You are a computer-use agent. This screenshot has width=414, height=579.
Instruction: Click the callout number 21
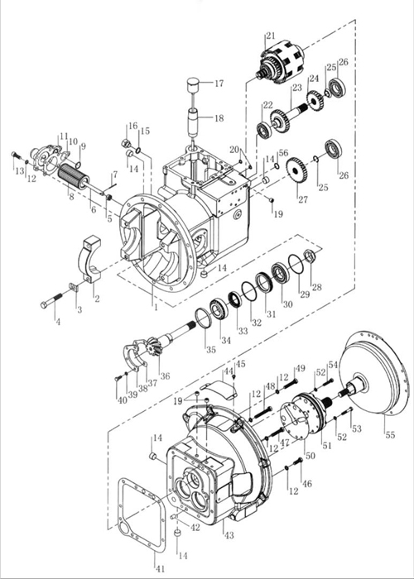271,36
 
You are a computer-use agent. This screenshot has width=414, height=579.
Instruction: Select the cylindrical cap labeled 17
194,86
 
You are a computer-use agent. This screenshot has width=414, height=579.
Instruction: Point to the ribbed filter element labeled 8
74,176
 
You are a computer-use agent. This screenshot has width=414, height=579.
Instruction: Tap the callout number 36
165,376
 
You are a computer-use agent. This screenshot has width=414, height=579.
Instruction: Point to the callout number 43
229,535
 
